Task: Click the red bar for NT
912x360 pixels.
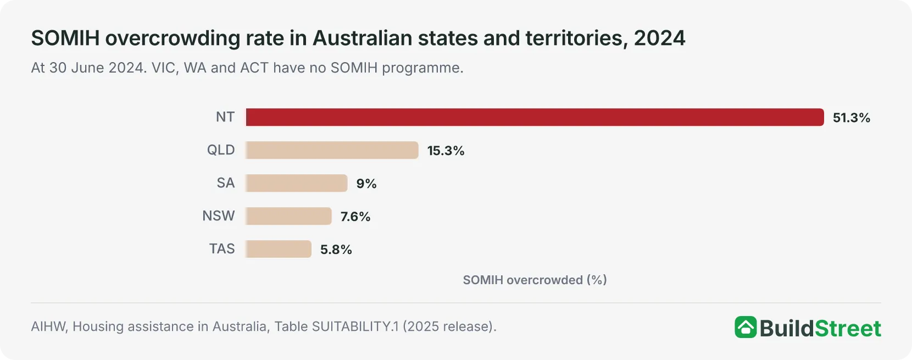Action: pos(535,117)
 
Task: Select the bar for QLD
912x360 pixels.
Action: pos(332,150)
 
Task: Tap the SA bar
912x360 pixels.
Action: pos(297,183)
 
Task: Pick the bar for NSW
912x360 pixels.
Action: pos(288,216)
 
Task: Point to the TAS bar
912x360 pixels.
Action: pos(279,249)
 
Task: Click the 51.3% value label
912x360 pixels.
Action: pos(852,118)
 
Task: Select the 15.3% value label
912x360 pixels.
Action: pos(446,151)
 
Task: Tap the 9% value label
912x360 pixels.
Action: pos(366,184)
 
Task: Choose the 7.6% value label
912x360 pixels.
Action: pos(355,217)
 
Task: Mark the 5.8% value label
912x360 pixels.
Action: pos(336,249)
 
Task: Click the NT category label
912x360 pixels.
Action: pos(225,117)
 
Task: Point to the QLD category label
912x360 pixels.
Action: pos(221,150)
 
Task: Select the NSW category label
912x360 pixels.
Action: pos(219,215)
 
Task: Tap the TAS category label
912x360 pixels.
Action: pos(222,248)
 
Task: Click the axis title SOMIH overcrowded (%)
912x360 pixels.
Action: pos(535,280)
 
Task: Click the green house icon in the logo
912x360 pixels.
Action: pos(746,327)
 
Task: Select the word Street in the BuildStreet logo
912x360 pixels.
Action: pos(848,329)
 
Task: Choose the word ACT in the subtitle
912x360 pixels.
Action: pos(254,68)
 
